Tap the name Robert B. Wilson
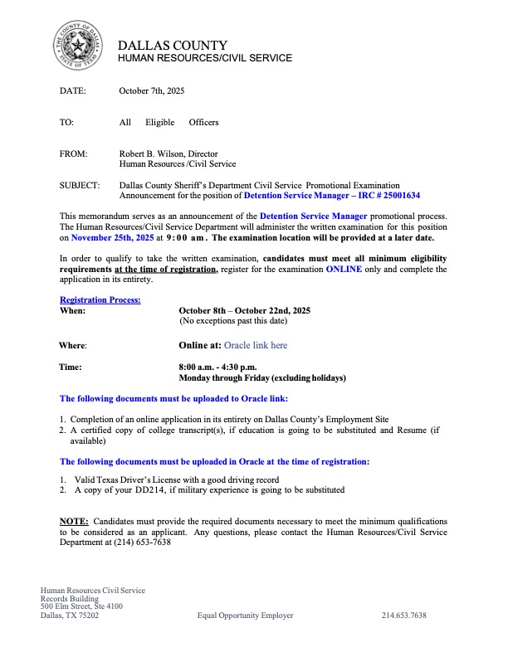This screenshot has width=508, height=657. [x=152, y=153]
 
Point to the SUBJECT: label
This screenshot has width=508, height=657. [x=81, y=186]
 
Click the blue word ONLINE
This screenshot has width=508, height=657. [x=344, y=269]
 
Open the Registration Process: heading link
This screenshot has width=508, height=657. [x=100, y=299]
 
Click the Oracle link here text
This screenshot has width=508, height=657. [x=256, y=344]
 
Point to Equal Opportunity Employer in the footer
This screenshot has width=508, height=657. [x=245, y=616]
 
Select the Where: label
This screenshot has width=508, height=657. [x=73, y=344]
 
